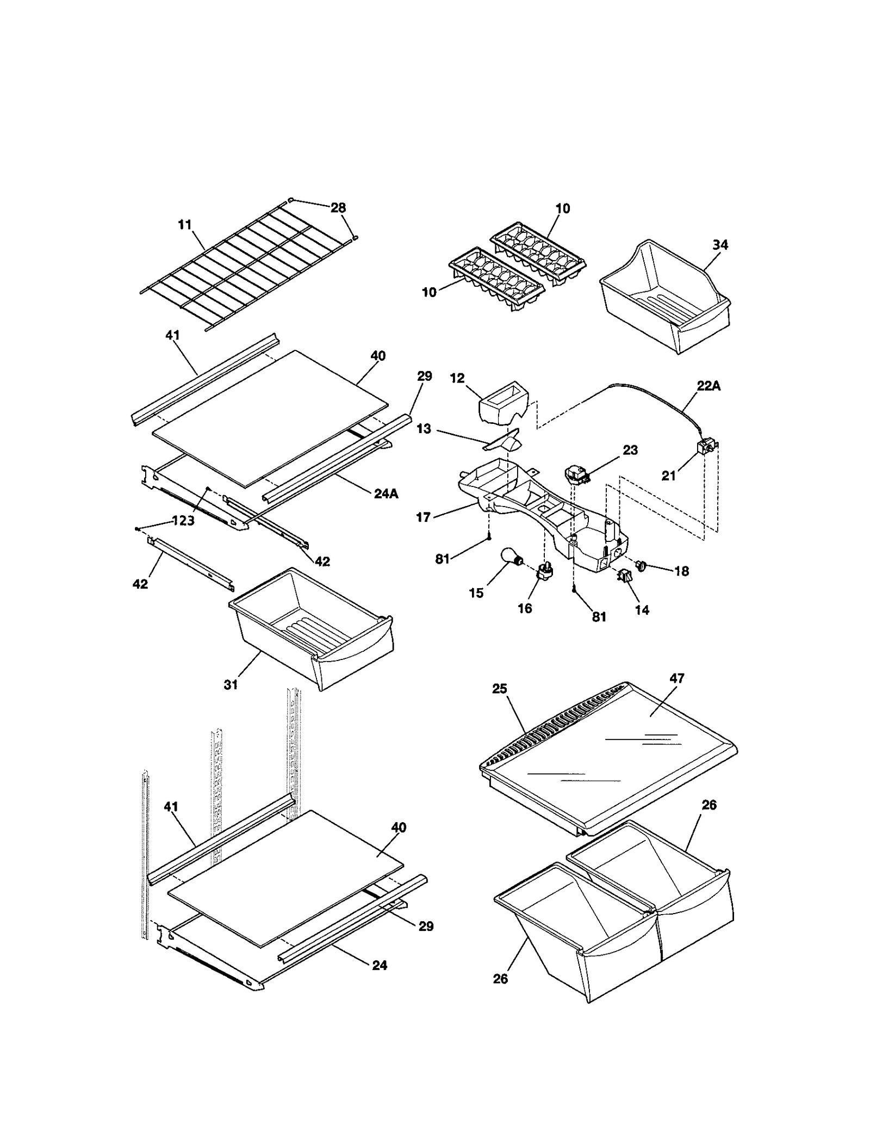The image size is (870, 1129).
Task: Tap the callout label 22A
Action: pyautogui.click(x=709, y=386)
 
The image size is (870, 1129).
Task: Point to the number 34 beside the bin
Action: pyautogui.click(x=720, y=245)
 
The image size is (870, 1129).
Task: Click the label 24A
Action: pyautogui.click(x=386, y=494)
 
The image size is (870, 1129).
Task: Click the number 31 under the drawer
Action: pyautogui.click(x=231, y=684)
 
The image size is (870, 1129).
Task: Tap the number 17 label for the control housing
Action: pyautogui.click(x=424, y=517)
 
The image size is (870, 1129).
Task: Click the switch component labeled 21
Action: pyautogui.click(x=706, y=448)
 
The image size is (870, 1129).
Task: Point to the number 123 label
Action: pyautogui.click(x=183, y=521)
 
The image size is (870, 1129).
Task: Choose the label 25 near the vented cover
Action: pyautogui.click(x=499, y=689)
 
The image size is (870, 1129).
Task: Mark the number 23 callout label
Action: pyautogui.click(x=630, y=450)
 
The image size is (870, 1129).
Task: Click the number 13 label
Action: pyautogui.click(x=424, y=429)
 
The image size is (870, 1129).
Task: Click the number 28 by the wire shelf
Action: pyautogui.click(x=338, y=208)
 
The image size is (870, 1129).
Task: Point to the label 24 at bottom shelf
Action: pyautogui.click(x=380, y=965)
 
